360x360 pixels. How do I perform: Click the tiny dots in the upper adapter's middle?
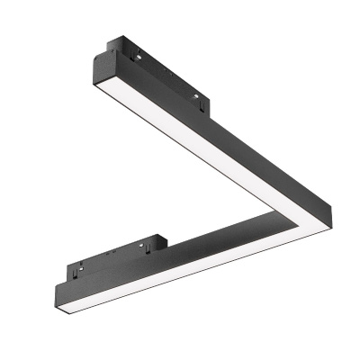[x=158, y=71]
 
